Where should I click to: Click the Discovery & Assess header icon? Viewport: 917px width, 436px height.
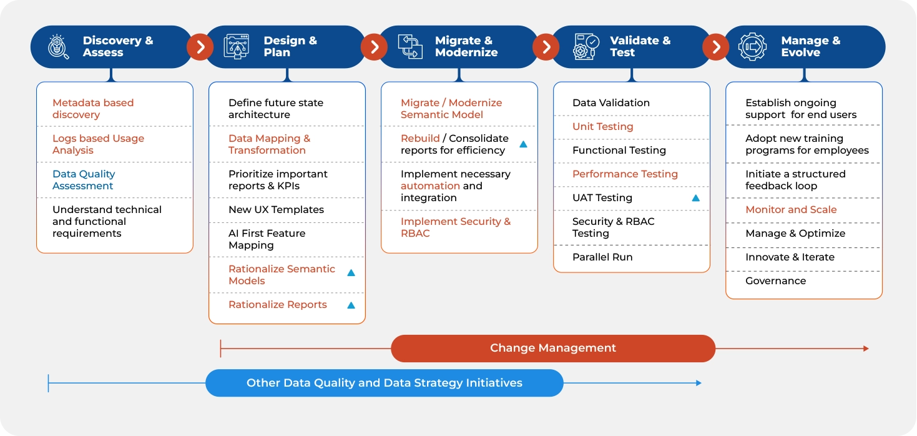58,47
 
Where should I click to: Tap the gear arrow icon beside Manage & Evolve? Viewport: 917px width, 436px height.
752,47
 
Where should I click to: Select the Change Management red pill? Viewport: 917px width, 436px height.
553,349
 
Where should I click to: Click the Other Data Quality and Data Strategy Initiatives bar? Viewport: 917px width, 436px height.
385,383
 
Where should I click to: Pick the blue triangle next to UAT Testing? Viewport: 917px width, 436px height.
695,198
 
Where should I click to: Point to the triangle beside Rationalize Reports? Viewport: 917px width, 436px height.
351,305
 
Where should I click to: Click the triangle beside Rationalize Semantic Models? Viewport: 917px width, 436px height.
351,273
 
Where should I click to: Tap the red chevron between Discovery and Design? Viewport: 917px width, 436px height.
200,47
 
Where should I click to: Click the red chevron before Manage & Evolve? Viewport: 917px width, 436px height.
715,47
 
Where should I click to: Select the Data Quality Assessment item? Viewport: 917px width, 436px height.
84,180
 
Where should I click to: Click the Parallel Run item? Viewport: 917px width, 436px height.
602,257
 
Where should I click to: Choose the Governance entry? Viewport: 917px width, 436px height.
776,280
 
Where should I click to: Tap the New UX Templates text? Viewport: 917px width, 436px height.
277,209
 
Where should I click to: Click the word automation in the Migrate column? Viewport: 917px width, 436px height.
430,186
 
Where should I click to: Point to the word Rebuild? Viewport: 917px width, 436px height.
420,138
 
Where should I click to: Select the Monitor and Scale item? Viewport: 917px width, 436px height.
791,209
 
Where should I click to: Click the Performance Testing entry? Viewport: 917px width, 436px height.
625,174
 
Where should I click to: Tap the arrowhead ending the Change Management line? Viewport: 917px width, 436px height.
866,349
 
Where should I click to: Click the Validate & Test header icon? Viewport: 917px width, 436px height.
586,47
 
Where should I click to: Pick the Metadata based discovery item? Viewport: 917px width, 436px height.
93,109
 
